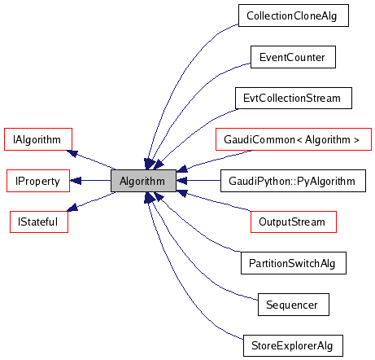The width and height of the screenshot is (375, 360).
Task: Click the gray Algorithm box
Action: (143, 181)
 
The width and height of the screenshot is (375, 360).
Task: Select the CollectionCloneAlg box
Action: (293, 15)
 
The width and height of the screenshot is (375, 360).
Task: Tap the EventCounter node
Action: (292, 57)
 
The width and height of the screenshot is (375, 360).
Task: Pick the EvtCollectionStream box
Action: (293, 98)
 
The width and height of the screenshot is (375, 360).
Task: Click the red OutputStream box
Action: (292, 222)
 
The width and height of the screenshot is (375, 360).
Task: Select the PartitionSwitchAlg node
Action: (293, 263)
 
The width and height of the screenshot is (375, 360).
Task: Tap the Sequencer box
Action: (292, 305)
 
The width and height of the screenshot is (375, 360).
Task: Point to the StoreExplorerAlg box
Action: (293, 345)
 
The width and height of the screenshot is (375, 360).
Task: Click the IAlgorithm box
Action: (38, 139)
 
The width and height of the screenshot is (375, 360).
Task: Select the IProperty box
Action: (38, 181)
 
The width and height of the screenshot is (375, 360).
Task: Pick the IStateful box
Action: (38, 222)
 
